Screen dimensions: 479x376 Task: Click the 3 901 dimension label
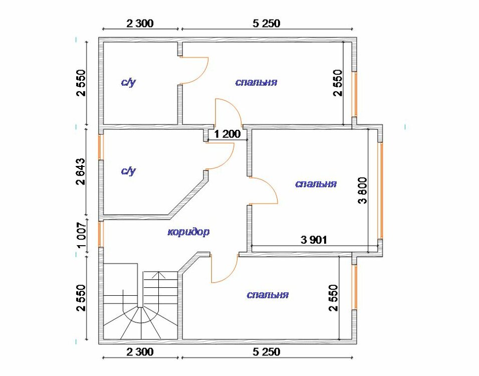(x=314, y=240)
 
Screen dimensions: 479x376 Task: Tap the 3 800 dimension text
(x=363, y=190)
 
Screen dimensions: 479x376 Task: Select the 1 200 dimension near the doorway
(x=227, y=134)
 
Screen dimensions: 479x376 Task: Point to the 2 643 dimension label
(x=81, y=171)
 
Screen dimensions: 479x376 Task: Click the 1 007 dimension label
(x=82, y=235)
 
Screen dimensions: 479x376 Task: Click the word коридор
(x=188, y=232)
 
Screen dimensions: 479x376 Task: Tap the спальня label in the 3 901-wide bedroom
(x=316, y=183)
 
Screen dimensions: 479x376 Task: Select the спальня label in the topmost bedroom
(x=257, y=82)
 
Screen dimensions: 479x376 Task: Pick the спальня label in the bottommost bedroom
(x=268, y=295)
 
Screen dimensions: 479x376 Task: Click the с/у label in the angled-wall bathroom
(x=129, y=171)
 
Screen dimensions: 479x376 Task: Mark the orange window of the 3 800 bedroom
(x=380, y=191)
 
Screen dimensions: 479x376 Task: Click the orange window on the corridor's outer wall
(x=101, y=234)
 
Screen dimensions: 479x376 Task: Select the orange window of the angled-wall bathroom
(x=101, y=147)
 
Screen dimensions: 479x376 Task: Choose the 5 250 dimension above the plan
(x=267, y=23)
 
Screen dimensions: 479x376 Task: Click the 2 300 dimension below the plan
(x=140, y=352)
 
